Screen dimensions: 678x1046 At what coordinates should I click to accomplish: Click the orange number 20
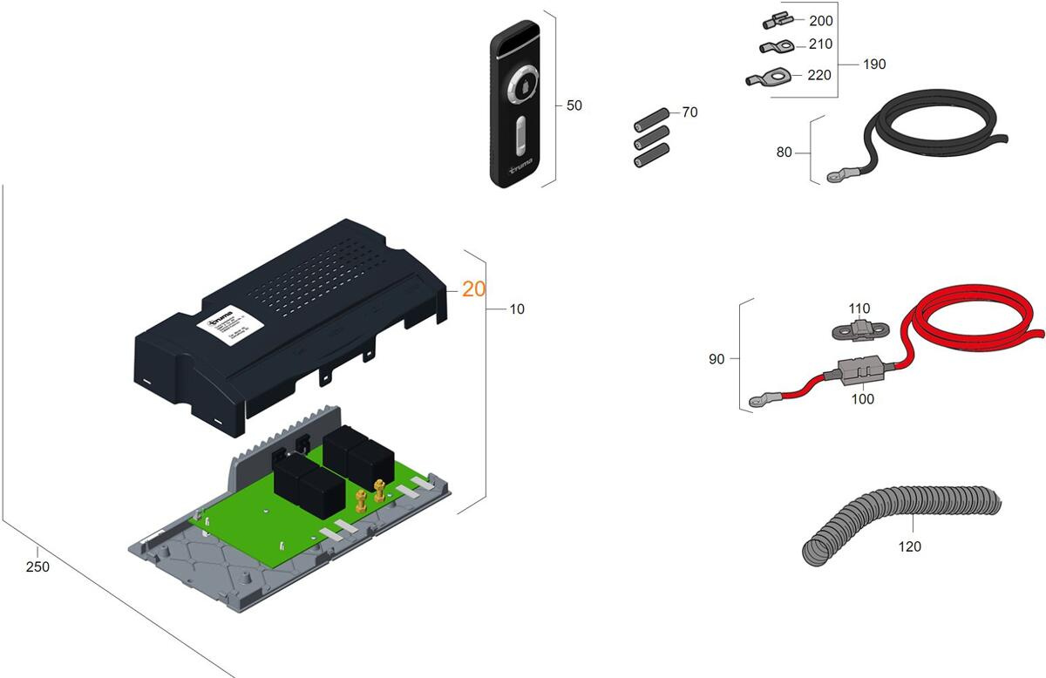[474, 288]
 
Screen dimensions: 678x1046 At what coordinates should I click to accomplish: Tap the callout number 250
[37, 566]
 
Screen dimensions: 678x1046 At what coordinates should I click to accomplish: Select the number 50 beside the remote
[574, 105]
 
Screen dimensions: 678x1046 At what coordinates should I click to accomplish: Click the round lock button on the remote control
[523, 85]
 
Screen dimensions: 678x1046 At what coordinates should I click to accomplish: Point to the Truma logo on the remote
[521, 166]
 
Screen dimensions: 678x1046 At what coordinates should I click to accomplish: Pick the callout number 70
[689, 112]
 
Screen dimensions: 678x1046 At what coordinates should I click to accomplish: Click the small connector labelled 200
[771, 22]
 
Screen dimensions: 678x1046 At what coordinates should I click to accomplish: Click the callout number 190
[873, 64]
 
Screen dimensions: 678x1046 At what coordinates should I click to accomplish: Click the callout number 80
[784, 152]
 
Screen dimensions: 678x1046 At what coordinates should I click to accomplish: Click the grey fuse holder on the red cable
[863, 372]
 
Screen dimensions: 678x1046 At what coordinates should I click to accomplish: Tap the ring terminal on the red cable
[757, 402]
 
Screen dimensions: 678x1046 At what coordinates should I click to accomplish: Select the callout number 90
[717, 358]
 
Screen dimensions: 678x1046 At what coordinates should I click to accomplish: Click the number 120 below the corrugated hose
[909, 546]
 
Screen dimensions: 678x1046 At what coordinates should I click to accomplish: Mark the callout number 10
[517, 308]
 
